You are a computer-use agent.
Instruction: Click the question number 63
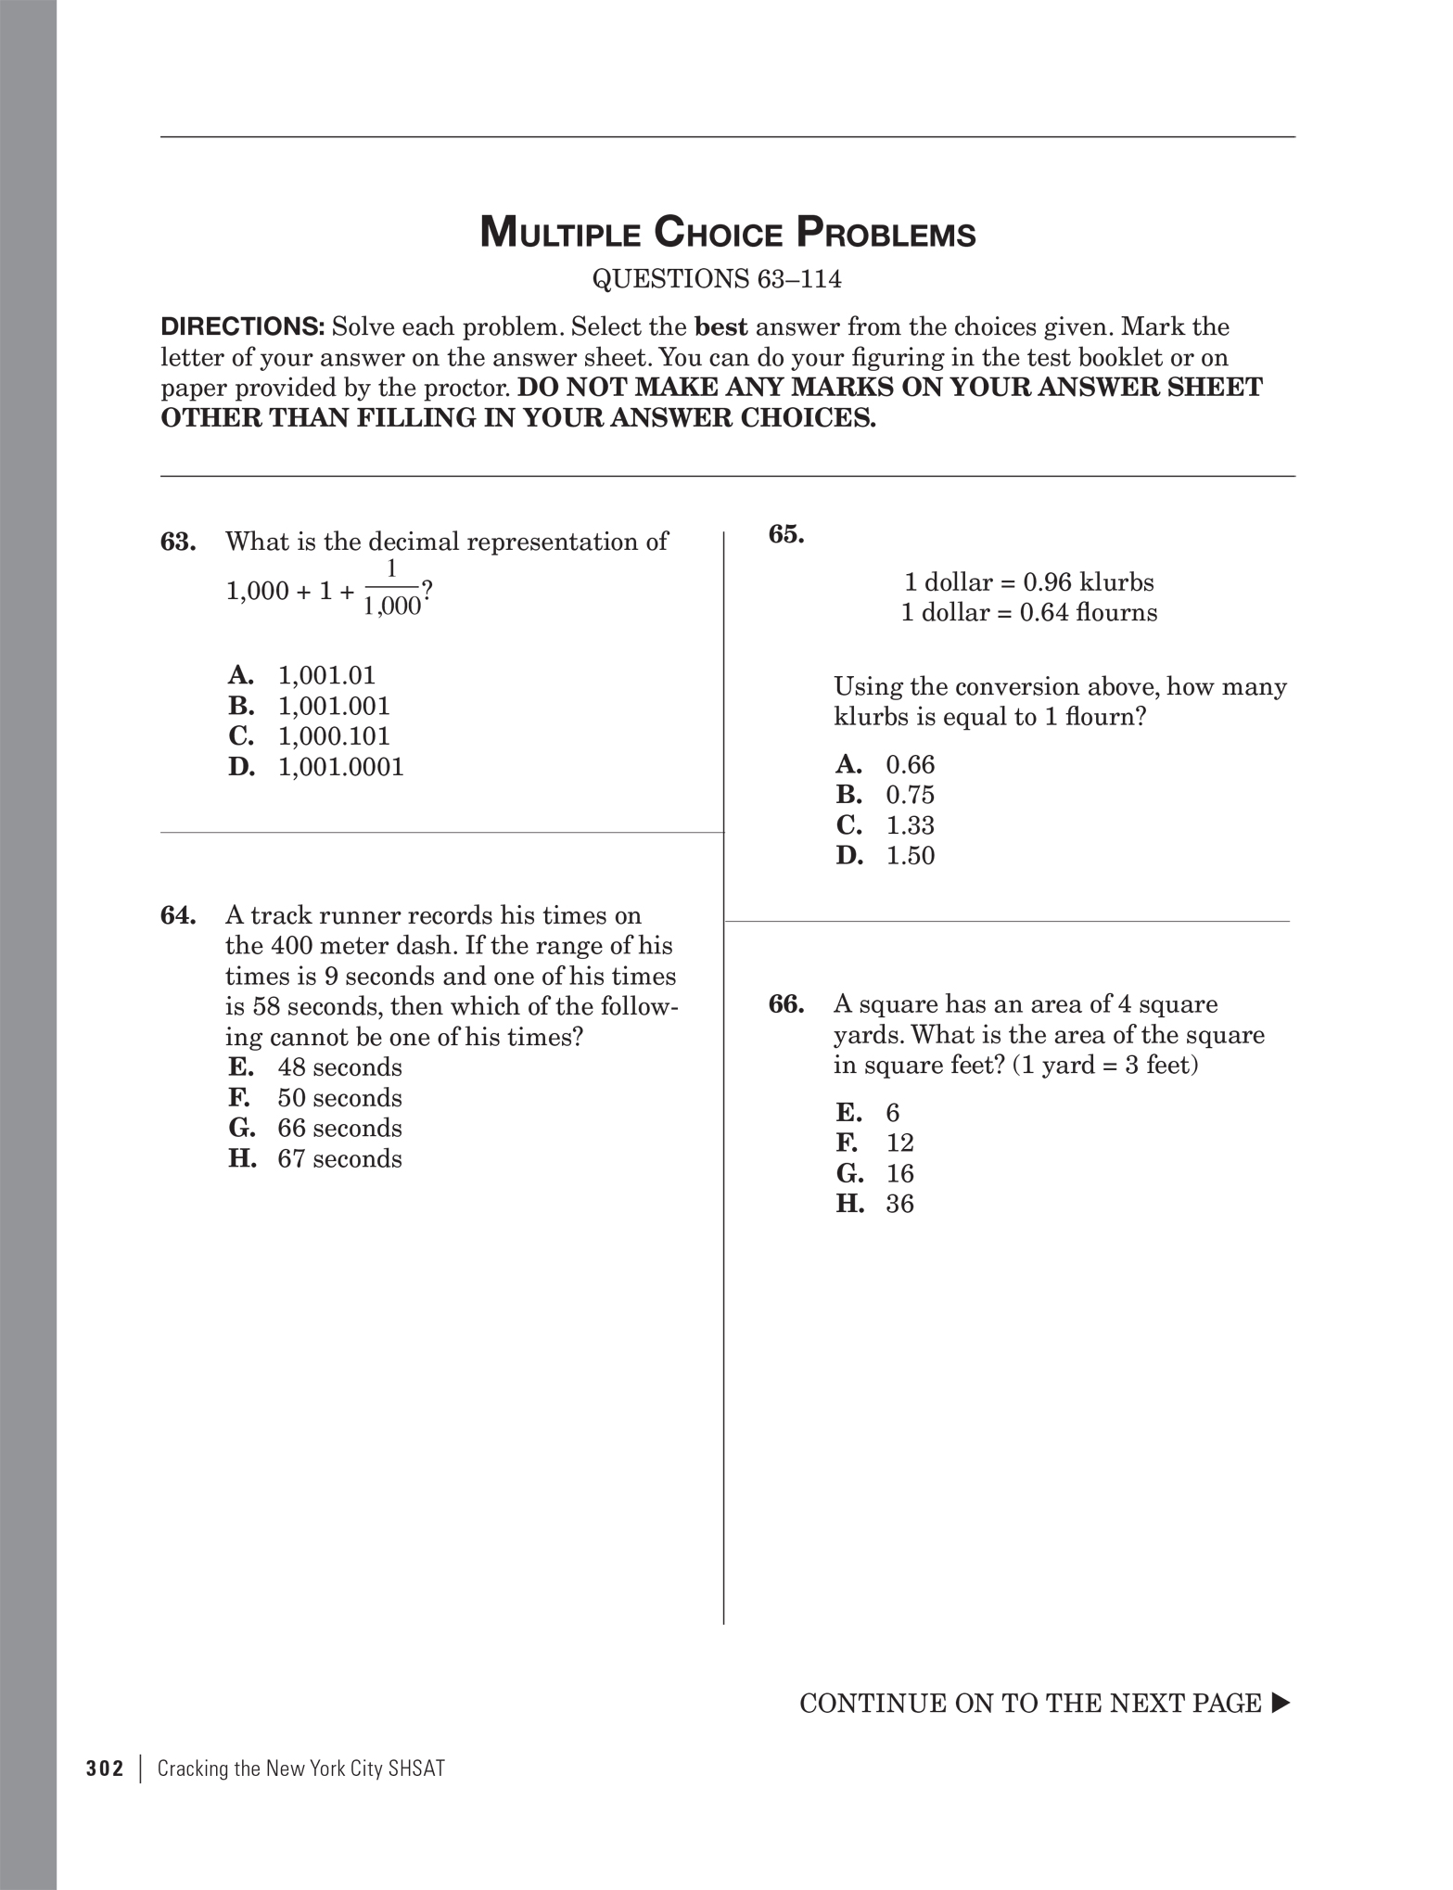[x=178, y=542]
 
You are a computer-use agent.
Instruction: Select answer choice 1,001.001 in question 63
[x=334, y=706]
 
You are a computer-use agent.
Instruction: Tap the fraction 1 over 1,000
[x=392, y=589]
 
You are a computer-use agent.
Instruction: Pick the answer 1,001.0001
[x=340, y=767]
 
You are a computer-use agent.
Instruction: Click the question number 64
[x=178, y=915]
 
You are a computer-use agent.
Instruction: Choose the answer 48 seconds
[x=339, y=1067]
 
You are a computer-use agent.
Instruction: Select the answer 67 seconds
[x=339, y=1159]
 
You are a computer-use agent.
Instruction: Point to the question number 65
[x=786, y=534]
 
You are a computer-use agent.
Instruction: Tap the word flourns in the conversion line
[x=1117, y=613]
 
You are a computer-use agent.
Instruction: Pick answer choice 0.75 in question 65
[x=910, y=795]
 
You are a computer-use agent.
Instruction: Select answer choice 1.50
[x=910, y=856]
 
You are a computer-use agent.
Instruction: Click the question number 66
[x=786, y=1004]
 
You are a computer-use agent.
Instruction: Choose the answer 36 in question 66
[x=899, y=1204]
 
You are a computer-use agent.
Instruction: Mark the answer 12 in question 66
[x=899, y=1143]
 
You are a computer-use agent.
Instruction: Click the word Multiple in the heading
[x=560, y=233]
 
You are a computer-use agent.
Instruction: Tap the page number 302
[x=105, y=1769]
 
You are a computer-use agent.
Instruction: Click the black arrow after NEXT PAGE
[x=1281, y=1703]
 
